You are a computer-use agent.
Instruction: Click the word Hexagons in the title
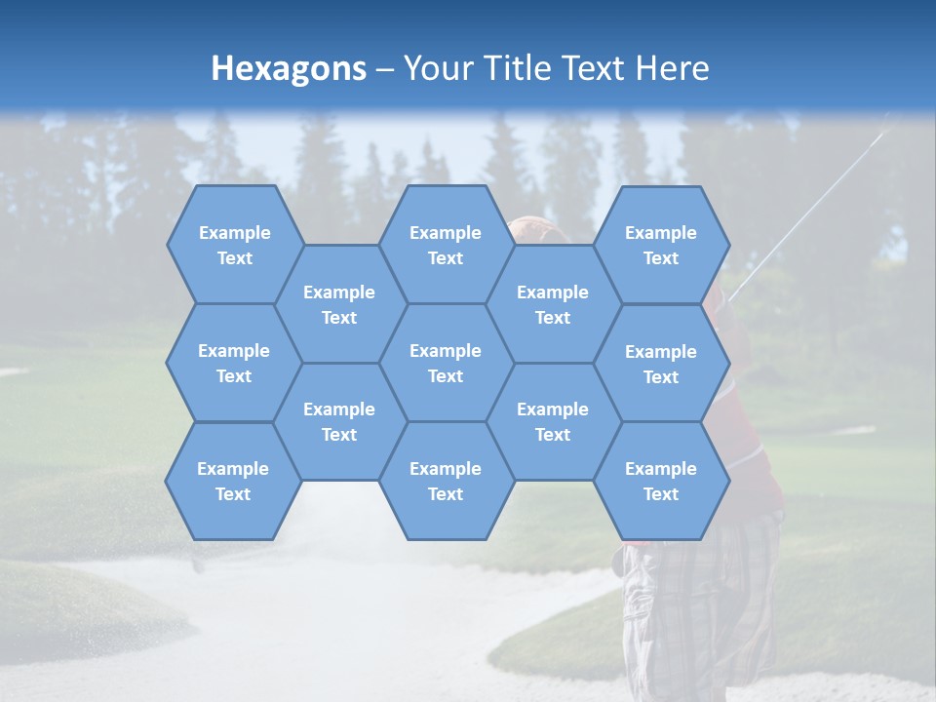289,68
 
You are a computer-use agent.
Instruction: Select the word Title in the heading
524,68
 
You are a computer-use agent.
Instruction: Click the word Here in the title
672,68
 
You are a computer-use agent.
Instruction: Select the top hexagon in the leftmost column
234,245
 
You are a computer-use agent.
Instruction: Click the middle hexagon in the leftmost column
234,363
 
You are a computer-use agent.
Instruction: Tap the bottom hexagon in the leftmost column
233,481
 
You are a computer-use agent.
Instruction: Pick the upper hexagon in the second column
339,304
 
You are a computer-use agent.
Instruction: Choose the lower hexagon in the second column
339,421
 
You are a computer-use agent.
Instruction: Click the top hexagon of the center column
446,245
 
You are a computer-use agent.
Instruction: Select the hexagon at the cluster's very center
446,363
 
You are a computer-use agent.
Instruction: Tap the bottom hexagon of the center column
446,481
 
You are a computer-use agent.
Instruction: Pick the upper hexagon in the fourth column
553,304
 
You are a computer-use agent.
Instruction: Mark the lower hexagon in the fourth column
553,421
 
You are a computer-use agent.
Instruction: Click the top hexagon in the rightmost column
661,245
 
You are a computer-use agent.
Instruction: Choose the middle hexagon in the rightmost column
661,364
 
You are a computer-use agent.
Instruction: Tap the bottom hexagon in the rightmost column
661,481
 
